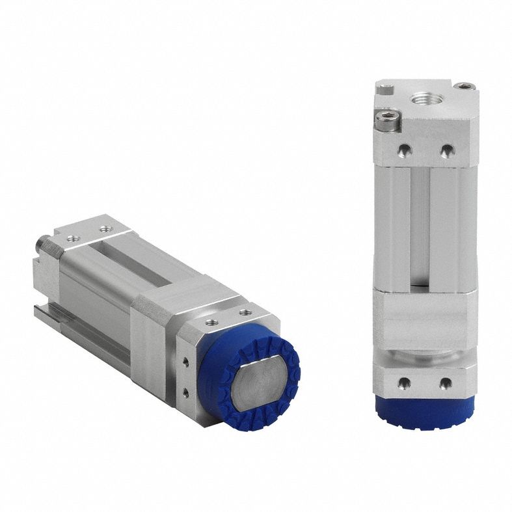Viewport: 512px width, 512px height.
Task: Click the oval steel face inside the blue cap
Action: tap(256, 383)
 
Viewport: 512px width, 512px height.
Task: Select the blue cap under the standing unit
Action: tap(425, 410)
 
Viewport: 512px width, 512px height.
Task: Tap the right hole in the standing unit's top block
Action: tap(446, 151)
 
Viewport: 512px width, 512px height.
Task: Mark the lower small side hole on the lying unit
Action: tap(186, 391)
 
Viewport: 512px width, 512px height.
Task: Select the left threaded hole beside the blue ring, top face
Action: tap(209, 321)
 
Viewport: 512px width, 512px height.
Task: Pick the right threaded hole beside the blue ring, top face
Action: tap(245, 312)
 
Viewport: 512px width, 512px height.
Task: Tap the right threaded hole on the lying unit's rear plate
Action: tap(105, 228)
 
